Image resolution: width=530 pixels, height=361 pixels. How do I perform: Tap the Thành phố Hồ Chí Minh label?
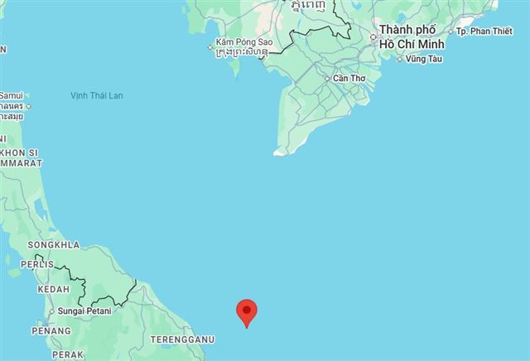(412, 37)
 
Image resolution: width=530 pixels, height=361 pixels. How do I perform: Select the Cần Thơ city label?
(348, 79)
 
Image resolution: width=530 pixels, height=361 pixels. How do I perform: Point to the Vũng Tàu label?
(425, 59)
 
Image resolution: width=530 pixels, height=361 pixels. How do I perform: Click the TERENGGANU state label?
(182, 339)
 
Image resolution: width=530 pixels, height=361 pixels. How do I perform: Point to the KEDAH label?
(53, 290)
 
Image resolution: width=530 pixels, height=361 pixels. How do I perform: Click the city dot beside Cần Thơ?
(327, 79)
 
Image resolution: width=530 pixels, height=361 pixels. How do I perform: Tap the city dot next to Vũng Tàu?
(401, 60)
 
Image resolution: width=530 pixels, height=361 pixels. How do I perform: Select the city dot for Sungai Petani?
(52, 311)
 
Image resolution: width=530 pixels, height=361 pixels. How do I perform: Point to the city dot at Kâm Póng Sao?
(211, 47)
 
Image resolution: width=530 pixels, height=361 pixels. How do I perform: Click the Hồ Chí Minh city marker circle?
(373, 36)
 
